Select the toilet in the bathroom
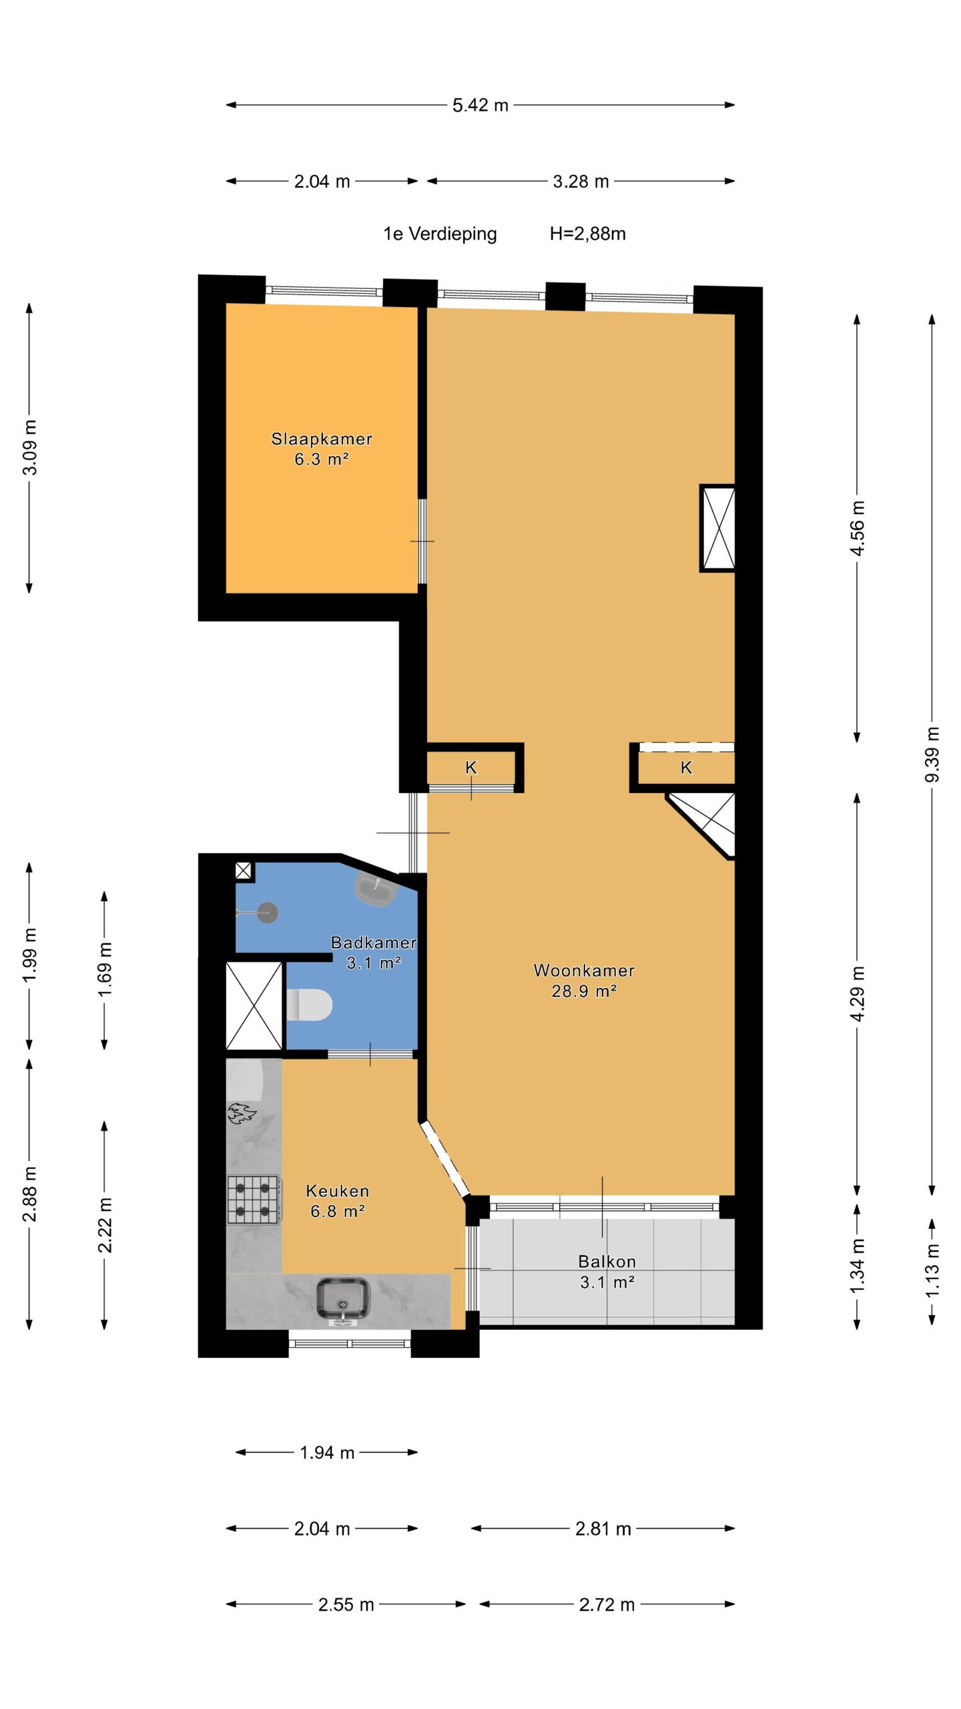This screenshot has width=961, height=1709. [x=309, y=1005]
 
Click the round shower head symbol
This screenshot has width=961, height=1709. [x=268, y=913]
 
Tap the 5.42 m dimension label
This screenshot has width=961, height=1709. [x=480, y=105]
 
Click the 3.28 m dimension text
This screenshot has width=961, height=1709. [x=581, y=181]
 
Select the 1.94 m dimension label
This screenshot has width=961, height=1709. [x=327, y=1453]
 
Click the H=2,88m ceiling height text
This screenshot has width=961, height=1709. [x=588, y=234]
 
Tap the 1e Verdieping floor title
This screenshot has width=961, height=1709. [x=440, y=234]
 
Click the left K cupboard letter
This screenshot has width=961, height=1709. [x=471, y=768]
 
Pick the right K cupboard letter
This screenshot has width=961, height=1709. [x=686, y=768]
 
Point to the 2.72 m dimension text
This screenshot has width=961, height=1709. [x=607, y=1605]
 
